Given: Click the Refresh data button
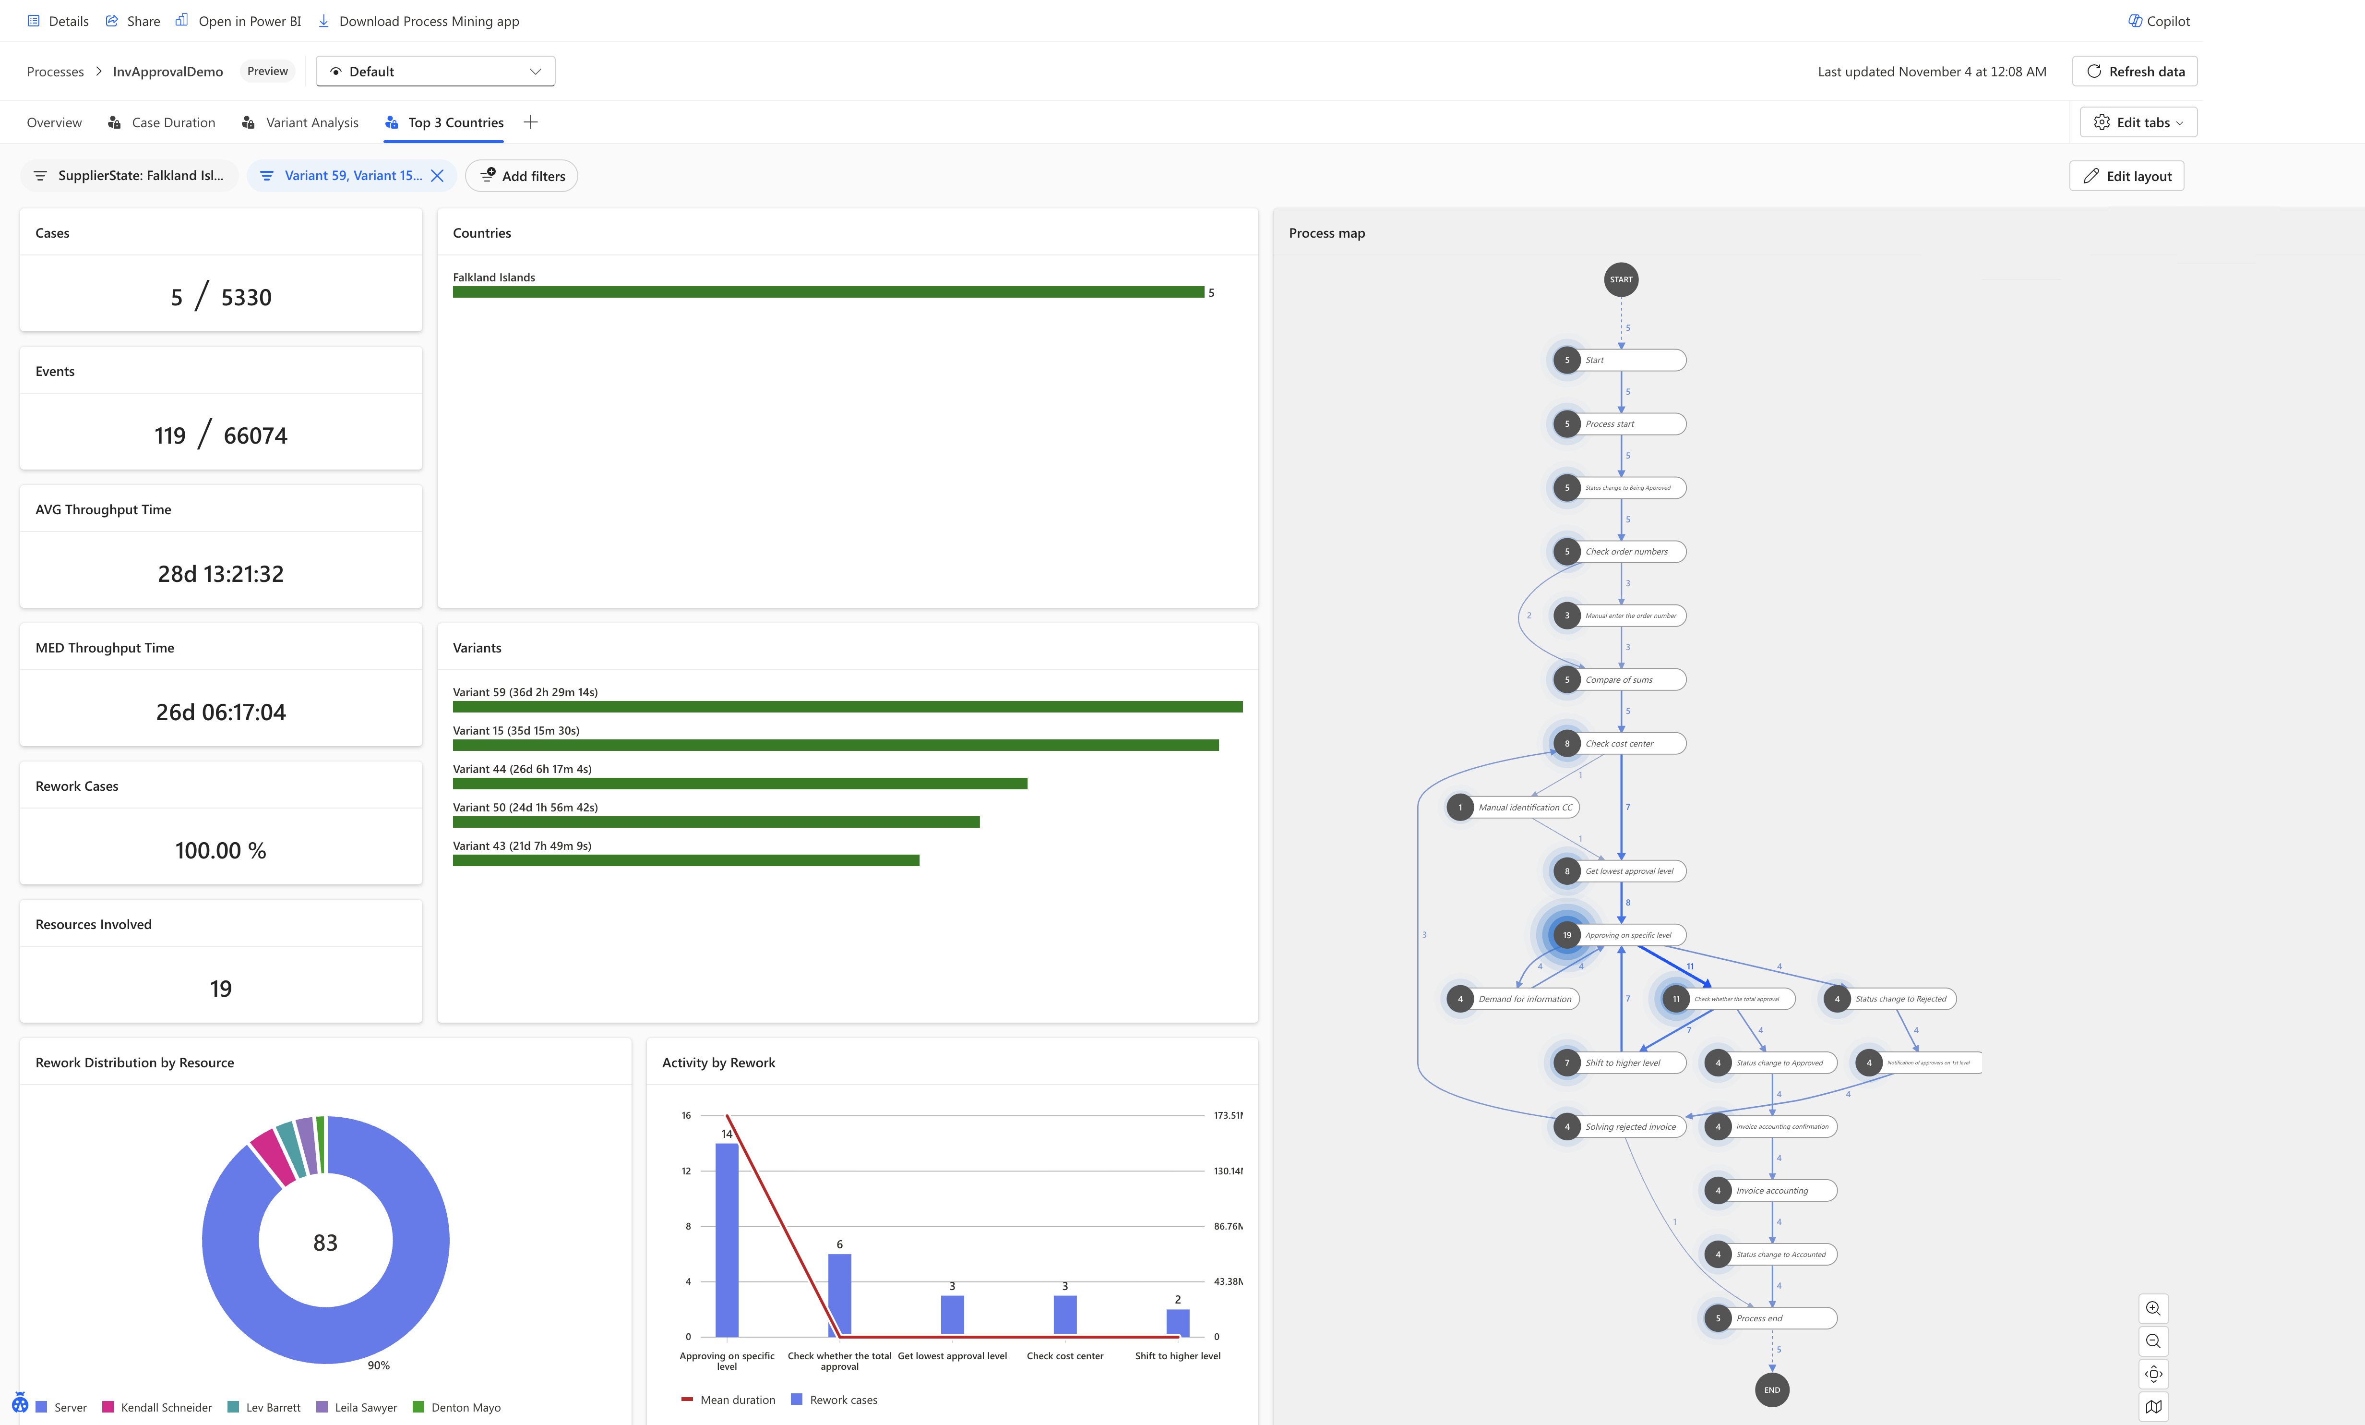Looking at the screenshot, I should pyautogui.click(x=2135, y=71).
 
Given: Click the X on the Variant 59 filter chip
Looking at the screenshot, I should pyautogui.click(x=438, y=176).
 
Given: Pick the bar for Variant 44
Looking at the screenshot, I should pyautogui.click(x=739, y=784).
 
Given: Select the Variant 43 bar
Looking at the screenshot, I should pyautogui.click(x=685, y=860).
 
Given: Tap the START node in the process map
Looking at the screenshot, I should pyautogui.click(x=1621, y=279).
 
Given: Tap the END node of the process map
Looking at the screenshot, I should pyautogui.click(x=1772, y=1389).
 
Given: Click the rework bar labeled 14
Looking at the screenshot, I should pyautogui.click(x=727, y=1239).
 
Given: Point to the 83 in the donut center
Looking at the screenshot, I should pyautogui.click(x=325, y=1243).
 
